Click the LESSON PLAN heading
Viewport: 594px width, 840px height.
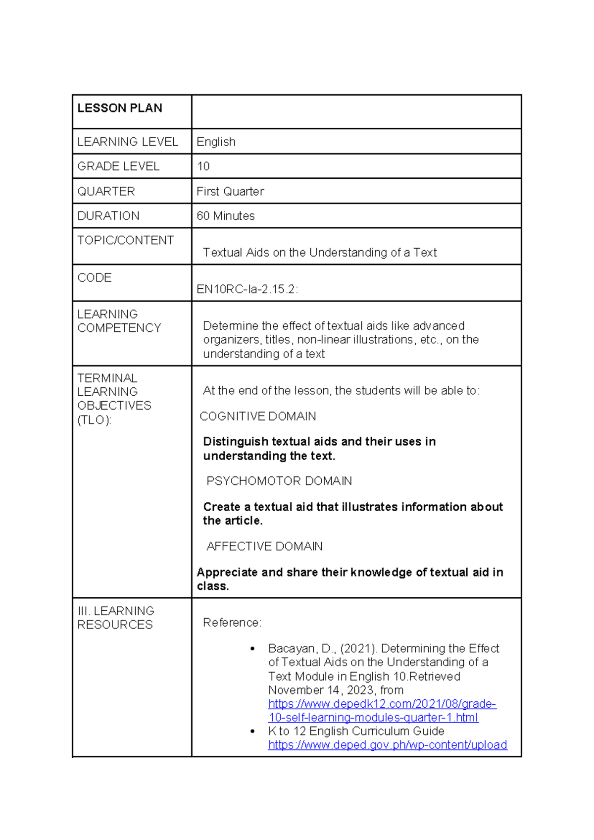point(119,108)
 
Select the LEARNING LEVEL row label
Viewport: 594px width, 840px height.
point(127,142)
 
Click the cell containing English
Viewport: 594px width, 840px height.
point(216,142)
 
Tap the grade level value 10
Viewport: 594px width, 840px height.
point(203,166)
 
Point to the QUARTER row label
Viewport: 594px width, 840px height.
point(106,191)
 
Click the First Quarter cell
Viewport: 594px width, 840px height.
point(230,191)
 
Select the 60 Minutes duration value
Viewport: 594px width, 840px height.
point(225,216)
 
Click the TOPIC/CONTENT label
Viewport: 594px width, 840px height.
point(125,240)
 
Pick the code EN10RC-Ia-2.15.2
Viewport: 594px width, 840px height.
point(247,289)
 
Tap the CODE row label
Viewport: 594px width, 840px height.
point(94,277)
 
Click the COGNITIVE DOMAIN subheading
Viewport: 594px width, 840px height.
point(257,416)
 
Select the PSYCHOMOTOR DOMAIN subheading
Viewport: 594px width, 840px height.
point(279,481)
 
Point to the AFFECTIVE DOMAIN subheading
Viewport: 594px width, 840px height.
point(264,546)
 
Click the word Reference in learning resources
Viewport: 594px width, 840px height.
point(231,623)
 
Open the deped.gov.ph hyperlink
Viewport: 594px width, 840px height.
point(387,745)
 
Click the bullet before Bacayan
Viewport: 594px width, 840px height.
point(252,649)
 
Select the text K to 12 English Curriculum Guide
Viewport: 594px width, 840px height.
point(356,731)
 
